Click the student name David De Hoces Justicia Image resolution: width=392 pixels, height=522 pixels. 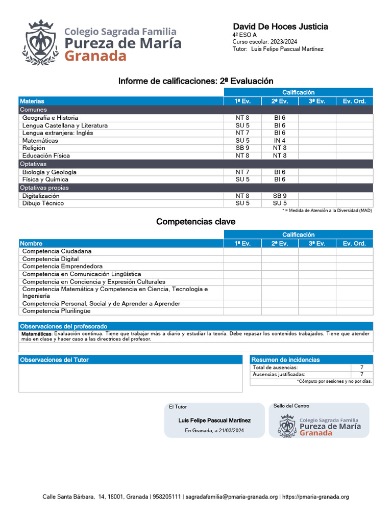[280, 27]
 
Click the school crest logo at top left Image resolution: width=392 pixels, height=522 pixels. [40, 43]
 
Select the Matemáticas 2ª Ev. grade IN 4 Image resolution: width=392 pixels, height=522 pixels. [280, 141]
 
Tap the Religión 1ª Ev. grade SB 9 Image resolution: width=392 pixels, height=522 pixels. [242, 148]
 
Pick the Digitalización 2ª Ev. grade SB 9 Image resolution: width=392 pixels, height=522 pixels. [280, 196]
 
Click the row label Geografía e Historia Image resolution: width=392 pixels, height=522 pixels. [50, 118]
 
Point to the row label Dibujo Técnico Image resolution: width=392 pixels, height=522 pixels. [43, 203]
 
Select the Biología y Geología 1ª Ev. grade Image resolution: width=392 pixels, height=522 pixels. [242, 172]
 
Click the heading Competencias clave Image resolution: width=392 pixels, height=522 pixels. [195, 222]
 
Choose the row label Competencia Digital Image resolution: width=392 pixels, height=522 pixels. [51, 259]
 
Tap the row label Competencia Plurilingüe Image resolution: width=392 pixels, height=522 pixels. [56, 310]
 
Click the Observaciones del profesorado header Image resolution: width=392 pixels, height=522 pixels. [63, 326]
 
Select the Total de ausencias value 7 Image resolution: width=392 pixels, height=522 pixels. [361, 368]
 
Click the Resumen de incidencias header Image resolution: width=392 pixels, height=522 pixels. [285, 360]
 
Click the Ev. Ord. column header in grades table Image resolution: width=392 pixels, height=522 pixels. [354, 101]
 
